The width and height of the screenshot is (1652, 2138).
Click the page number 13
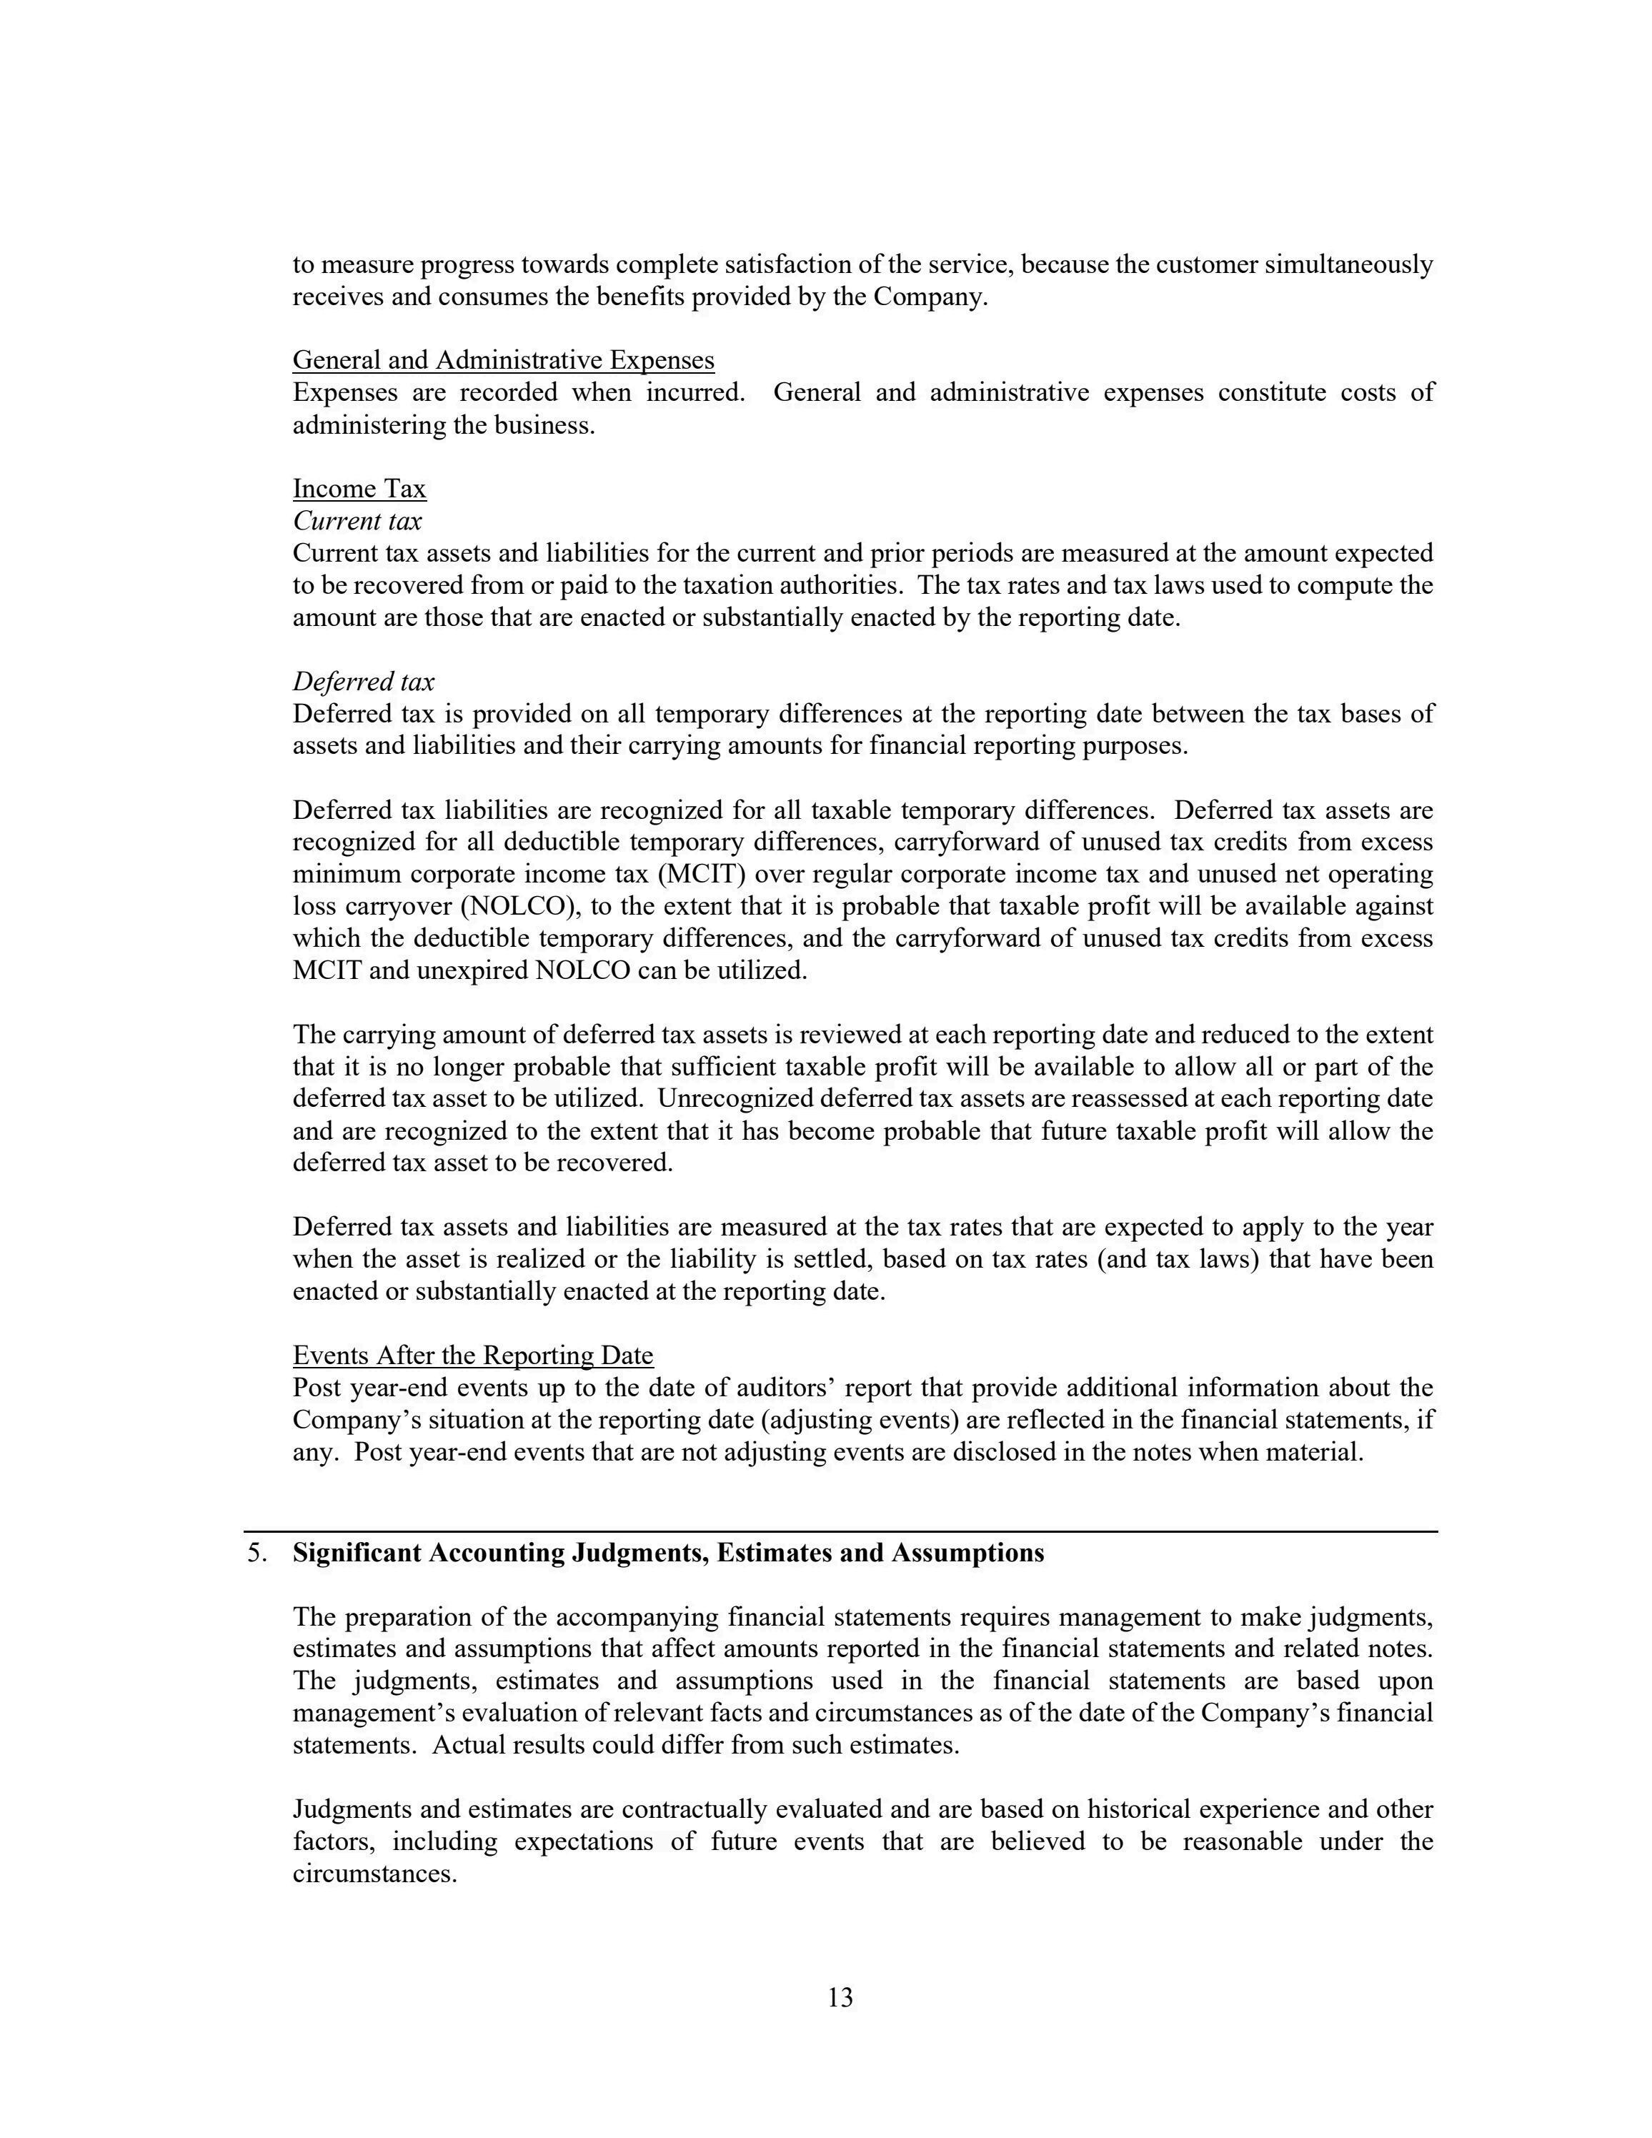coord(840,1998)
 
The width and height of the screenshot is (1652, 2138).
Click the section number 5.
coord(257,1553)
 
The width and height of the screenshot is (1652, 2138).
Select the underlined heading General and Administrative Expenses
coord(503,360)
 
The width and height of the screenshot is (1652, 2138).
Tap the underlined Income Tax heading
coord(359,489)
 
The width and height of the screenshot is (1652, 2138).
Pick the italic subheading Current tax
coord(357,521)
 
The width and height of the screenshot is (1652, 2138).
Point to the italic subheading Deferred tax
coord(363,681)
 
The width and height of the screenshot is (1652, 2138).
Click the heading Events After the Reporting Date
coord(473,1355)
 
